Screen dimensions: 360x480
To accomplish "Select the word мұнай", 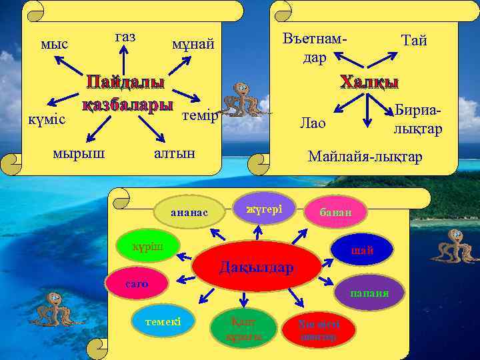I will click(193, 45).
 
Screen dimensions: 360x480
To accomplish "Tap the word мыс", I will click(54, 45).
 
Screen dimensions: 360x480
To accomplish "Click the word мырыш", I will click(78, 153).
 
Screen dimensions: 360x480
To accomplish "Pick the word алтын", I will click(174, 153).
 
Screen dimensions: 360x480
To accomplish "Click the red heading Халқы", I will click(369, 82).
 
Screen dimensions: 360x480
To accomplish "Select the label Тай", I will click(413, 41).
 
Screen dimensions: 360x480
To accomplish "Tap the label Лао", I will click(313, 123).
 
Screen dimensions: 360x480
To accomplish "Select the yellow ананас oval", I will click(190, 211).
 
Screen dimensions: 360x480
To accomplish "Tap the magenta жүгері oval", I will click(264, 209).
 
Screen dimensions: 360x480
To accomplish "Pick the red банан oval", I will click(337, 212).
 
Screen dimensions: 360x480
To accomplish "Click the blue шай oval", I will click(363, 250).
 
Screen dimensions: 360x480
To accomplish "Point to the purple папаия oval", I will click(369, 293).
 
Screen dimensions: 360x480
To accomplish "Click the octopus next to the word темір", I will click(242, 102).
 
